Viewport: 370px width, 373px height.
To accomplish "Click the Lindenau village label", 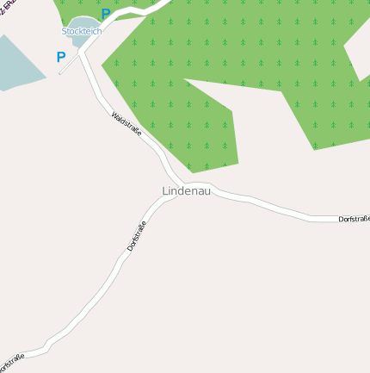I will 186,190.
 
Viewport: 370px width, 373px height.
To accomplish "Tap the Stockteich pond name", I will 81,31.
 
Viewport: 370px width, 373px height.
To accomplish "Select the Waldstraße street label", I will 126,125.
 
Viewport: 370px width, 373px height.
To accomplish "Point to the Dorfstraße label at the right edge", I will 354,220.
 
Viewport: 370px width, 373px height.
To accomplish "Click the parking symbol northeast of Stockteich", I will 106,14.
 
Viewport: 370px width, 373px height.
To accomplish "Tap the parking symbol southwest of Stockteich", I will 61,57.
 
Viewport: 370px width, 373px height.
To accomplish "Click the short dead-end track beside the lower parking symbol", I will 69,65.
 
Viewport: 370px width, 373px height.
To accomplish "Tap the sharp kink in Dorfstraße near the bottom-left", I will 46,345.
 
